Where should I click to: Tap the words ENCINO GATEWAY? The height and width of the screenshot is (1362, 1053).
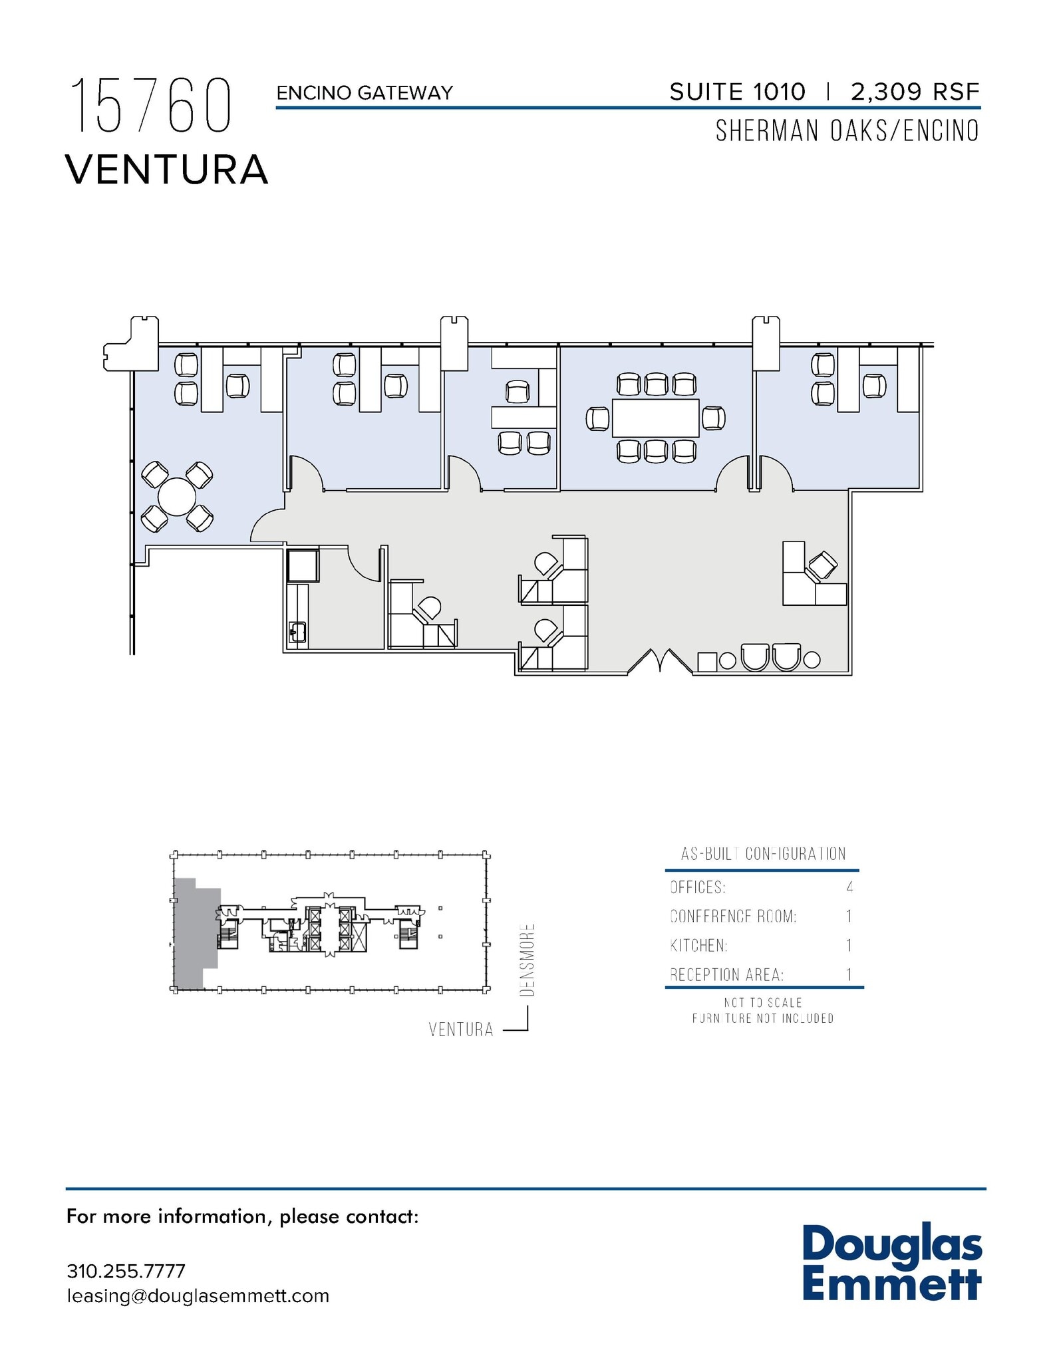[x=365, y=92]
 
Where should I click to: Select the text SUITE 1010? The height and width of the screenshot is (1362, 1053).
[x=737, y=92]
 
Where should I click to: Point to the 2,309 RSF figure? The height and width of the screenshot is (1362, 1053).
[x=915, y=92]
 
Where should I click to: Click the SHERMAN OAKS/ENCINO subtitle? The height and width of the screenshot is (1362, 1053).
[x=847, y=131]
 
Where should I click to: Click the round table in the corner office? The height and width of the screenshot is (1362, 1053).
[x=177, y=497]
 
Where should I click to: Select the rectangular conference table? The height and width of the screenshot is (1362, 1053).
[x=655, y=418]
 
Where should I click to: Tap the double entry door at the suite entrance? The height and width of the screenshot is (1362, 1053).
[x=660, y=661]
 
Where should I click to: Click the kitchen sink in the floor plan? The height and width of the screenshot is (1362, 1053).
[x=297, y=632]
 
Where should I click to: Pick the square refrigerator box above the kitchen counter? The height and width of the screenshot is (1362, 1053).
[x=303, y=565]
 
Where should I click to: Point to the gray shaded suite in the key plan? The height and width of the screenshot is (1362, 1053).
[x=193, y=934]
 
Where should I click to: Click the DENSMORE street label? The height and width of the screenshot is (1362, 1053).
[x=527, y=959]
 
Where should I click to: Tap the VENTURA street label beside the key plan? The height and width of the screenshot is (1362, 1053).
[x=461, y=1030]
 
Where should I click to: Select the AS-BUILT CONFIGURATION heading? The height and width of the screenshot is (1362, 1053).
[x=763, y=854]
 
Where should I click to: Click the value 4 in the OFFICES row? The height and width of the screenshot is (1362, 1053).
[x=849, y=887]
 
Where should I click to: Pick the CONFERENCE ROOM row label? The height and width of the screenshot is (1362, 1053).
[x=733, y=916]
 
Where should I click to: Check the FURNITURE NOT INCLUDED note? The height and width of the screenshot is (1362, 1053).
[x=762, y=1018]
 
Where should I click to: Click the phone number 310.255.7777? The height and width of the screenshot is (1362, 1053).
[x=126, y=1271]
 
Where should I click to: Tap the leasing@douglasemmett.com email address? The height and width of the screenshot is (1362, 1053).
[x=198, y=1296]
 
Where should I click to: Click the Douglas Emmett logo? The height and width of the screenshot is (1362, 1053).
[x=891, y=1264]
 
